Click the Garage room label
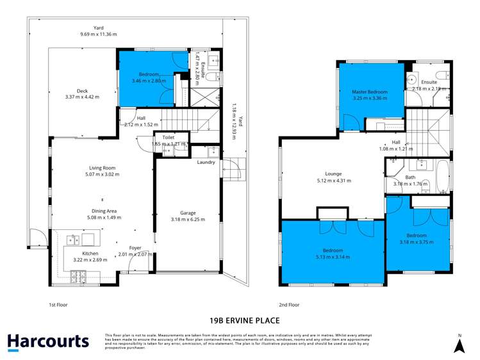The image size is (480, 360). pyautogui.click(x=187, y=213)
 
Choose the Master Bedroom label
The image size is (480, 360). pyautogui.click(x=370, y=92)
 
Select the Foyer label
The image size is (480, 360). pyautogui.click(x=135, y=248)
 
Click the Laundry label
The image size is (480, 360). pyautogui.click(x=206, y=162)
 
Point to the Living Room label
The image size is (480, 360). pyautogui.click(x=102, y=168)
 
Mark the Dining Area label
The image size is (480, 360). pyautogui.click(x=103, y=210)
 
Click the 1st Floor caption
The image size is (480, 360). pyautogui.click(x=58, y=305)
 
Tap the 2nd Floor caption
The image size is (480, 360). pyautogui.click(x=290, y=305)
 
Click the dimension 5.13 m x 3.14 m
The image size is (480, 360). pyautogui.click(x=333, y=257)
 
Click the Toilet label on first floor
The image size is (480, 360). pyautogui.click(x=169, y=137)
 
